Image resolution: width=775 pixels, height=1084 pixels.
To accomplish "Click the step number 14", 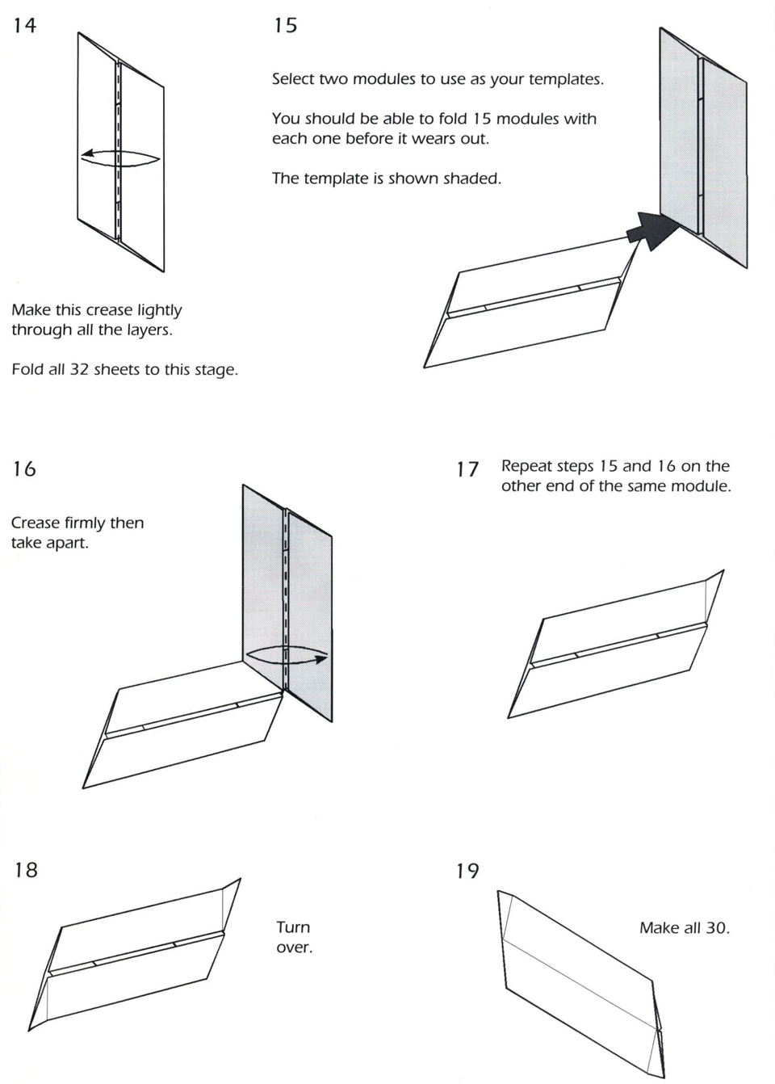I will tap(24, 26).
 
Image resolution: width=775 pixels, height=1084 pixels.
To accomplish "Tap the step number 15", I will tap(286, 26).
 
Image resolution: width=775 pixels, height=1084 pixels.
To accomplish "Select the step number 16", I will tap(24, 469).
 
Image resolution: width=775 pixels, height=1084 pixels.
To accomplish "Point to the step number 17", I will tap(467, 469).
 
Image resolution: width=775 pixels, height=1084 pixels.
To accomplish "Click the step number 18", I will tap(26, 870).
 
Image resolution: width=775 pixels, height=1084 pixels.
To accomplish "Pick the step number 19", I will tap(467, 871).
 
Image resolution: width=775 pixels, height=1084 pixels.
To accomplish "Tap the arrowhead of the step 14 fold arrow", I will tap(86, 153).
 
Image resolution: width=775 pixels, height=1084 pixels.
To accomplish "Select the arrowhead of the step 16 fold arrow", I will tap(321, 659).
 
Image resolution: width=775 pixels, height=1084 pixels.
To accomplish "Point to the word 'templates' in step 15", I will tap(565, 79).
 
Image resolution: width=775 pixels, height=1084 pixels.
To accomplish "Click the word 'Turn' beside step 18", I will tap(293, 927).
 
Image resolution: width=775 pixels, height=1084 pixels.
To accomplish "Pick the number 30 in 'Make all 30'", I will tap(716, 928).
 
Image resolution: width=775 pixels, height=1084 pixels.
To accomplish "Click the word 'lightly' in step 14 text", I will tap(159, 310).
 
